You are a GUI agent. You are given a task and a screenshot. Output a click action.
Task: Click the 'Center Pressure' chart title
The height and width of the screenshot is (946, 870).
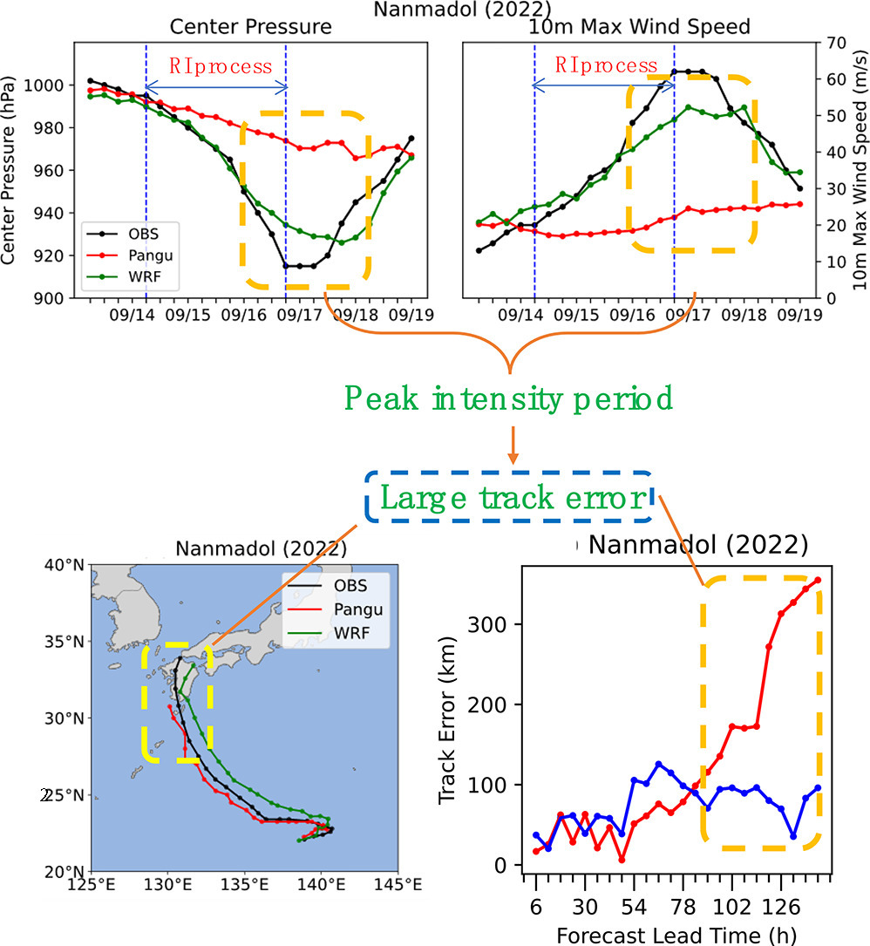pyautogui.click(x=250, y=27)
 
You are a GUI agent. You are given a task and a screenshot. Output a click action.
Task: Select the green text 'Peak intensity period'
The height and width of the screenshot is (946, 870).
pyautogui.click(x=508, y=398)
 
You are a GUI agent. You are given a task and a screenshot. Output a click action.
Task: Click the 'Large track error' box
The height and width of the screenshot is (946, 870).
pyautogui.click(x=508, y=498)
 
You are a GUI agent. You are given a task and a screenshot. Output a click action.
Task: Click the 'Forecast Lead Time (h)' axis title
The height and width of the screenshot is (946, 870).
pyautogui.click(x=671, y=935)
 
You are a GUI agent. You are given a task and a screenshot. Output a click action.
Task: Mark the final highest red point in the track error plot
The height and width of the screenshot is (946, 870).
pyautogui.click(x=818, y=580)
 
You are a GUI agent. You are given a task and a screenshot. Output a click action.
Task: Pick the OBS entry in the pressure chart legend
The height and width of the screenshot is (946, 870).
pyautogui.click(x=132, y=233)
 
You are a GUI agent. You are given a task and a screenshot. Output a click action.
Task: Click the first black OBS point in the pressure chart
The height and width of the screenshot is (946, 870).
pyautogui.click(x=90, y=80)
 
